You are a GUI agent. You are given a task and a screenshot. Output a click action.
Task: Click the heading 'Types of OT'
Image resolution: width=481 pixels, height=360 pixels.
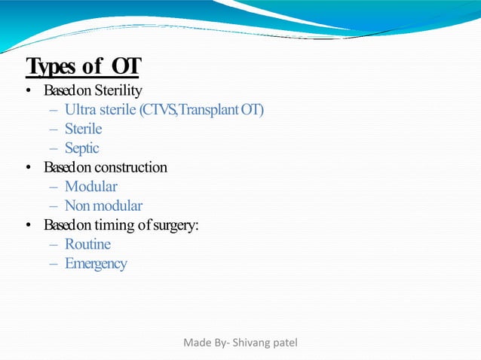(x=83, y=66)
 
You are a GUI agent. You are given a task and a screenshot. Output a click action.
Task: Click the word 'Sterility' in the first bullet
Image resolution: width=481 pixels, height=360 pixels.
(x=118, y=91)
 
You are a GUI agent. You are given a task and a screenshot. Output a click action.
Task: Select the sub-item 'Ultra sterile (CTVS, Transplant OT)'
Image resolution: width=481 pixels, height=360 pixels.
(x=164, y=110)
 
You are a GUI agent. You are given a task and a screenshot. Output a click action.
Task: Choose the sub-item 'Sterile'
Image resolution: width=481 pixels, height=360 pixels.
(x=83, y=130)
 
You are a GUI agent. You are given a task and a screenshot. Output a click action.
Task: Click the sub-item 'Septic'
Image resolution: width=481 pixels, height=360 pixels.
(x=81, y=148)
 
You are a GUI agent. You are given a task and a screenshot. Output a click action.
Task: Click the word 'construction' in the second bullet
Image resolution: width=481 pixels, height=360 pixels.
(x=130, y=167)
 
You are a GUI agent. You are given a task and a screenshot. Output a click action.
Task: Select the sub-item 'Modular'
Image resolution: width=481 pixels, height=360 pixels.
(x=90, y=186)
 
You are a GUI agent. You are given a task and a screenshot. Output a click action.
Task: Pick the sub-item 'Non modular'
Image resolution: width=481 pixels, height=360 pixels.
(x=103, y=206)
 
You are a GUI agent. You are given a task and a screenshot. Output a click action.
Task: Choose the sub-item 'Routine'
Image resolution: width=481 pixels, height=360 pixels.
(x=87, y=244)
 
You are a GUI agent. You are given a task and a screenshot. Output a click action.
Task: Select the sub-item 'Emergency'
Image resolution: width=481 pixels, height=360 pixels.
(x=96, y=264)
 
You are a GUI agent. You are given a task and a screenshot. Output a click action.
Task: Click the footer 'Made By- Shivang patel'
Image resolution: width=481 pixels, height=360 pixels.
(x=240, y=343)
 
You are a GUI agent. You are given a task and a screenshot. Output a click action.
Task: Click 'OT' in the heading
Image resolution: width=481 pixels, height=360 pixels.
(x=125, y=66)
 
